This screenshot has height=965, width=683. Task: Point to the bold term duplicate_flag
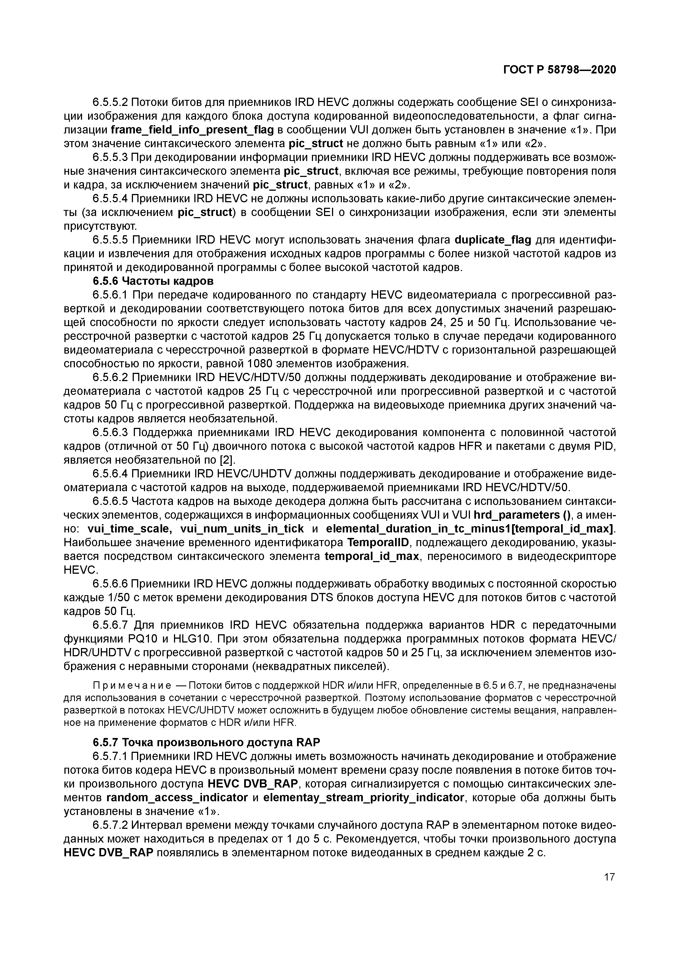click(x=493, y=240)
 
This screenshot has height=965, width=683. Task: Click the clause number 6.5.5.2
click(x=110, y=103)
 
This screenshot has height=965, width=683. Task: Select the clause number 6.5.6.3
click(x=110, y=433)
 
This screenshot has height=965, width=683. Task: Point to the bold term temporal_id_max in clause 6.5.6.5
click(x=372, y=556)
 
